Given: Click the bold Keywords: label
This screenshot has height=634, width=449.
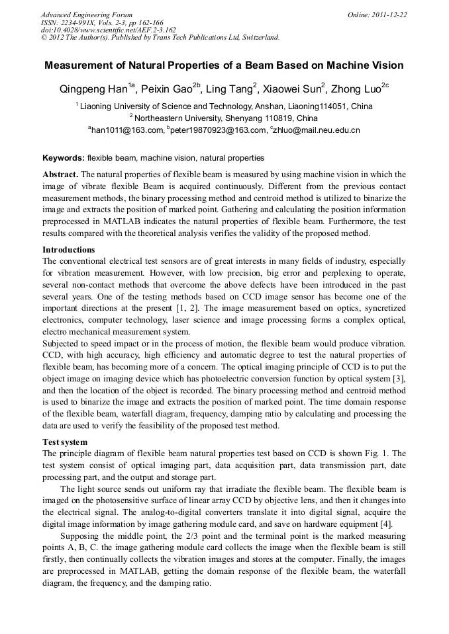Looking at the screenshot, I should [x=64, y=158].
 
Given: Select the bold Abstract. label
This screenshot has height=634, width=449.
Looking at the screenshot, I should [x=61, y=175].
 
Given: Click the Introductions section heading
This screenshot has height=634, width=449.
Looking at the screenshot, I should [x=69, y=250].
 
